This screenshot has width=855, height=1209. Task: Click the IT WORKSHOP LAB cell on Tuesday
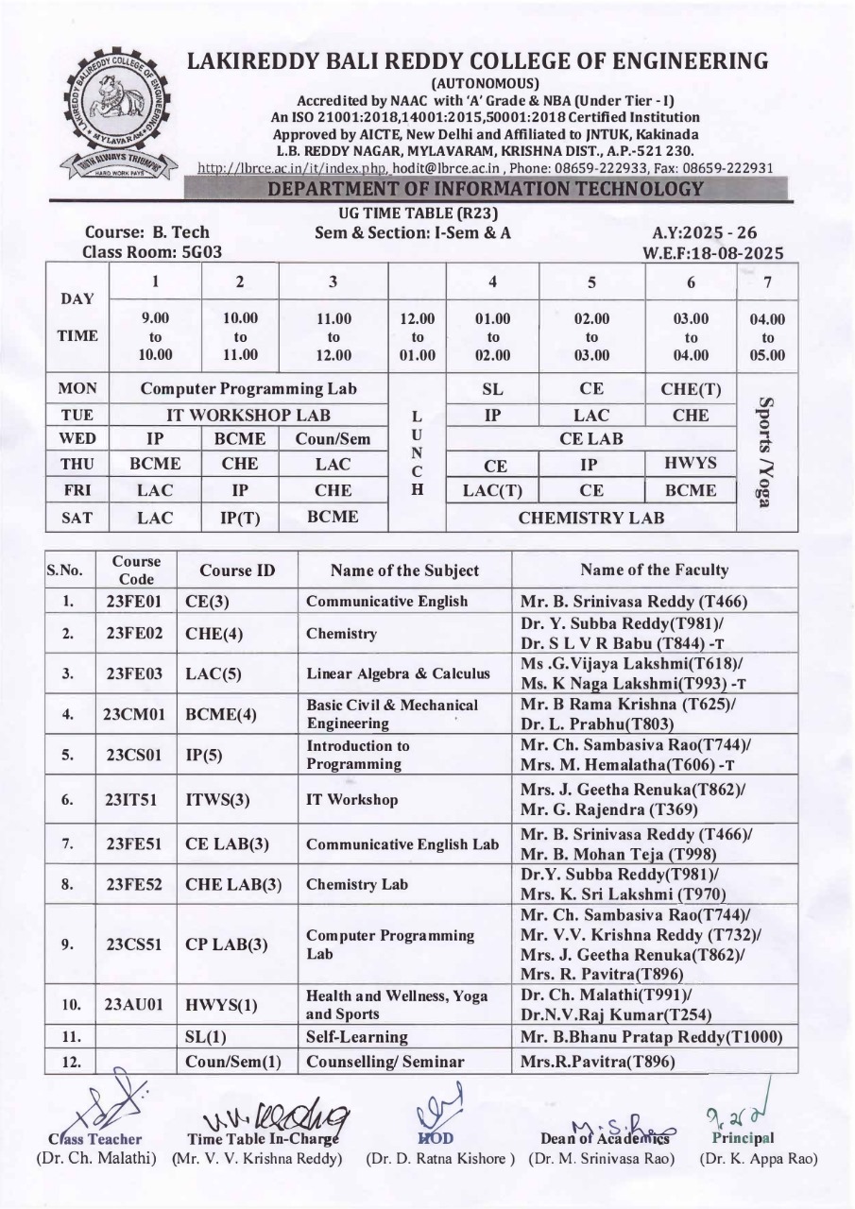(250, 414)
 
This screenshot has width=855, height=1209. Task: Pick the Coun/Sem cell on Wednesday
(333, 439)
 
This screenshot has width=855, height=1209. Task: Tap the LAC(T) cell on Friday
(492, 490)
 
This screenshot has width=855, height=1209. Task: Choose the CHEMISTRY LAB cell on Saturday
(591, 517)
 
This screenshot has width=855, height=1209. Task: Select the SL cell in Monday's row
(492, 388)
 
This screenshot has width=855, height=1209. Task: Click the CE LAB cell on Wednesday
(591, 439)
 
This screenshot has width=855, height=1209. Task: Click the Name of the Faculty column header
(654, 570)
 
